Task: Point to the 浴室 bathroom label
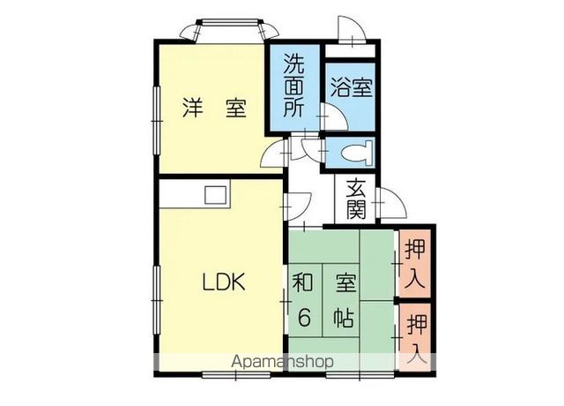click(x=352, y=87)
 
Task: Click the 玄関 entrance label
click(x=356, y=199)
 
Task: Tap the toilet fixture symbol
click(x=357, y=153)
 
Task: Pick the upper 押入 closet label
click(x=415, y=263)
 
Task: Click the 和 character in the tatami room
click(x=303, y=283)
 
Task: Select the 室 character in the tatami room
click(x=345, y=283)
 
